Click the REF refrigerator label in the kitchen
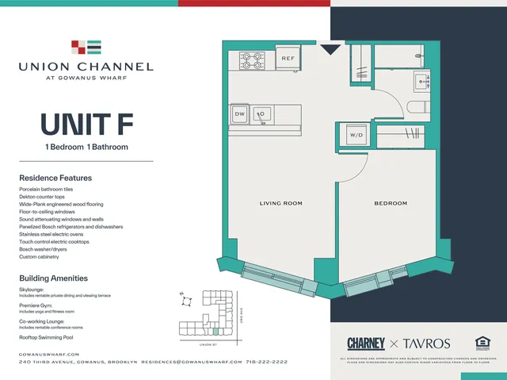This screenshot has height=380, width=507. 287,59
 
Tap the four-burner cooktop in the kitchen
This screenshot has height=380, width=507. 252,60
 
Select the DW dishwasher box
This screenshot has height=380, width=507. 240,114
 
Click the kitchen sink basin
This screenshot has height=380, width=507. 261,114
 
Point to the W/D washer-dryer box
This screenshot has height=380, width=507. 356,136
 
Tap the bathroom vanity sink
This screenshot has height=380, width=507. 420,79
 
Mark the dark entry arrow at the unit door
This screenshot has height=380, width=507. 330,50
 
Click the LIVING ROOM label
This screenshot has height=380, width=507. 281,204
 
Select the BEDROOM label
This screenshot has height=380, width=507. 391,204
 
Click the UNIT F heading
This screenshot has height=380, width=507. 86,126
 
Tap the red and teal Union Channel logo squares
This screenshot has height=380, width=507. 86,47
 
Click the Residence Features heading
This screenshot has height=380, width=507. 55,178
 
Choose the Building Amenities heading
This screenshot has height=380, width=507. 54,278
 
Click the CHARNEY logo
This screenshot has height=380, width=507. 366,344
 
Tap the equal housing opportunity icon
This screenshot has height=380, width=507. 481,343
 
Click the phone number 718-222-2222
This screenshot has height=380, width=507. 267,362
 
